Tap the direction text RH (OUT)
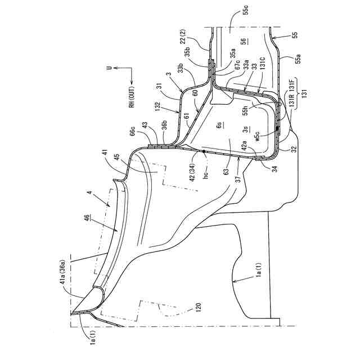[x=130, y=98]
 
